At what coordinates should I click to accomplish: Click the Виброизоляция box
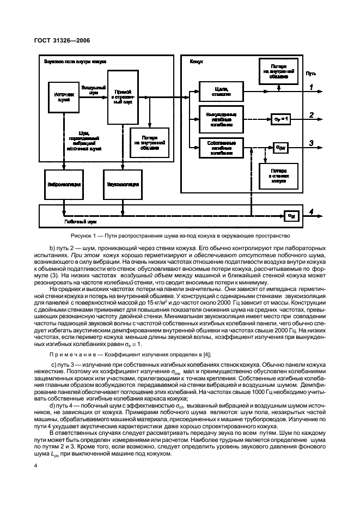[x=64, y=184]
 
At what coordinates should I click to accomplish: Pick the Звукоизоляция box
[x=119, y=184]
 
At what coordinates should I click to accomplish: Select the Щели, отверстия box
[x=221, y=90]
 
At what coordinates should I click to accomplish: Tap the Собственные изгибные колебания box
[x=221, y=147]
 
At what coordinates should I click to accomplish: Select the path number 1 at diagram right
[x=312, y=87]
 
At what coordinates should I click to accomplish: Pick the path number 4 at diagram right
[x=312, y=213]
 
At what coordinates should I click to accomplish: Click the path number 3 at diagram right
[x=312, y=143]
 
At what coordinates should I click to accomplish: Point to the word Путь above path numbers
[x=311, y=72]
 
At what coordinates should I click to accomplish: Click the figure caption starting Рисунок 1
[x=180, y=235]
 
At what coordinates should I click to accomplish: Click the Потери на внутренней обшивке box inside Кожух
[x=278, y=71]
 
